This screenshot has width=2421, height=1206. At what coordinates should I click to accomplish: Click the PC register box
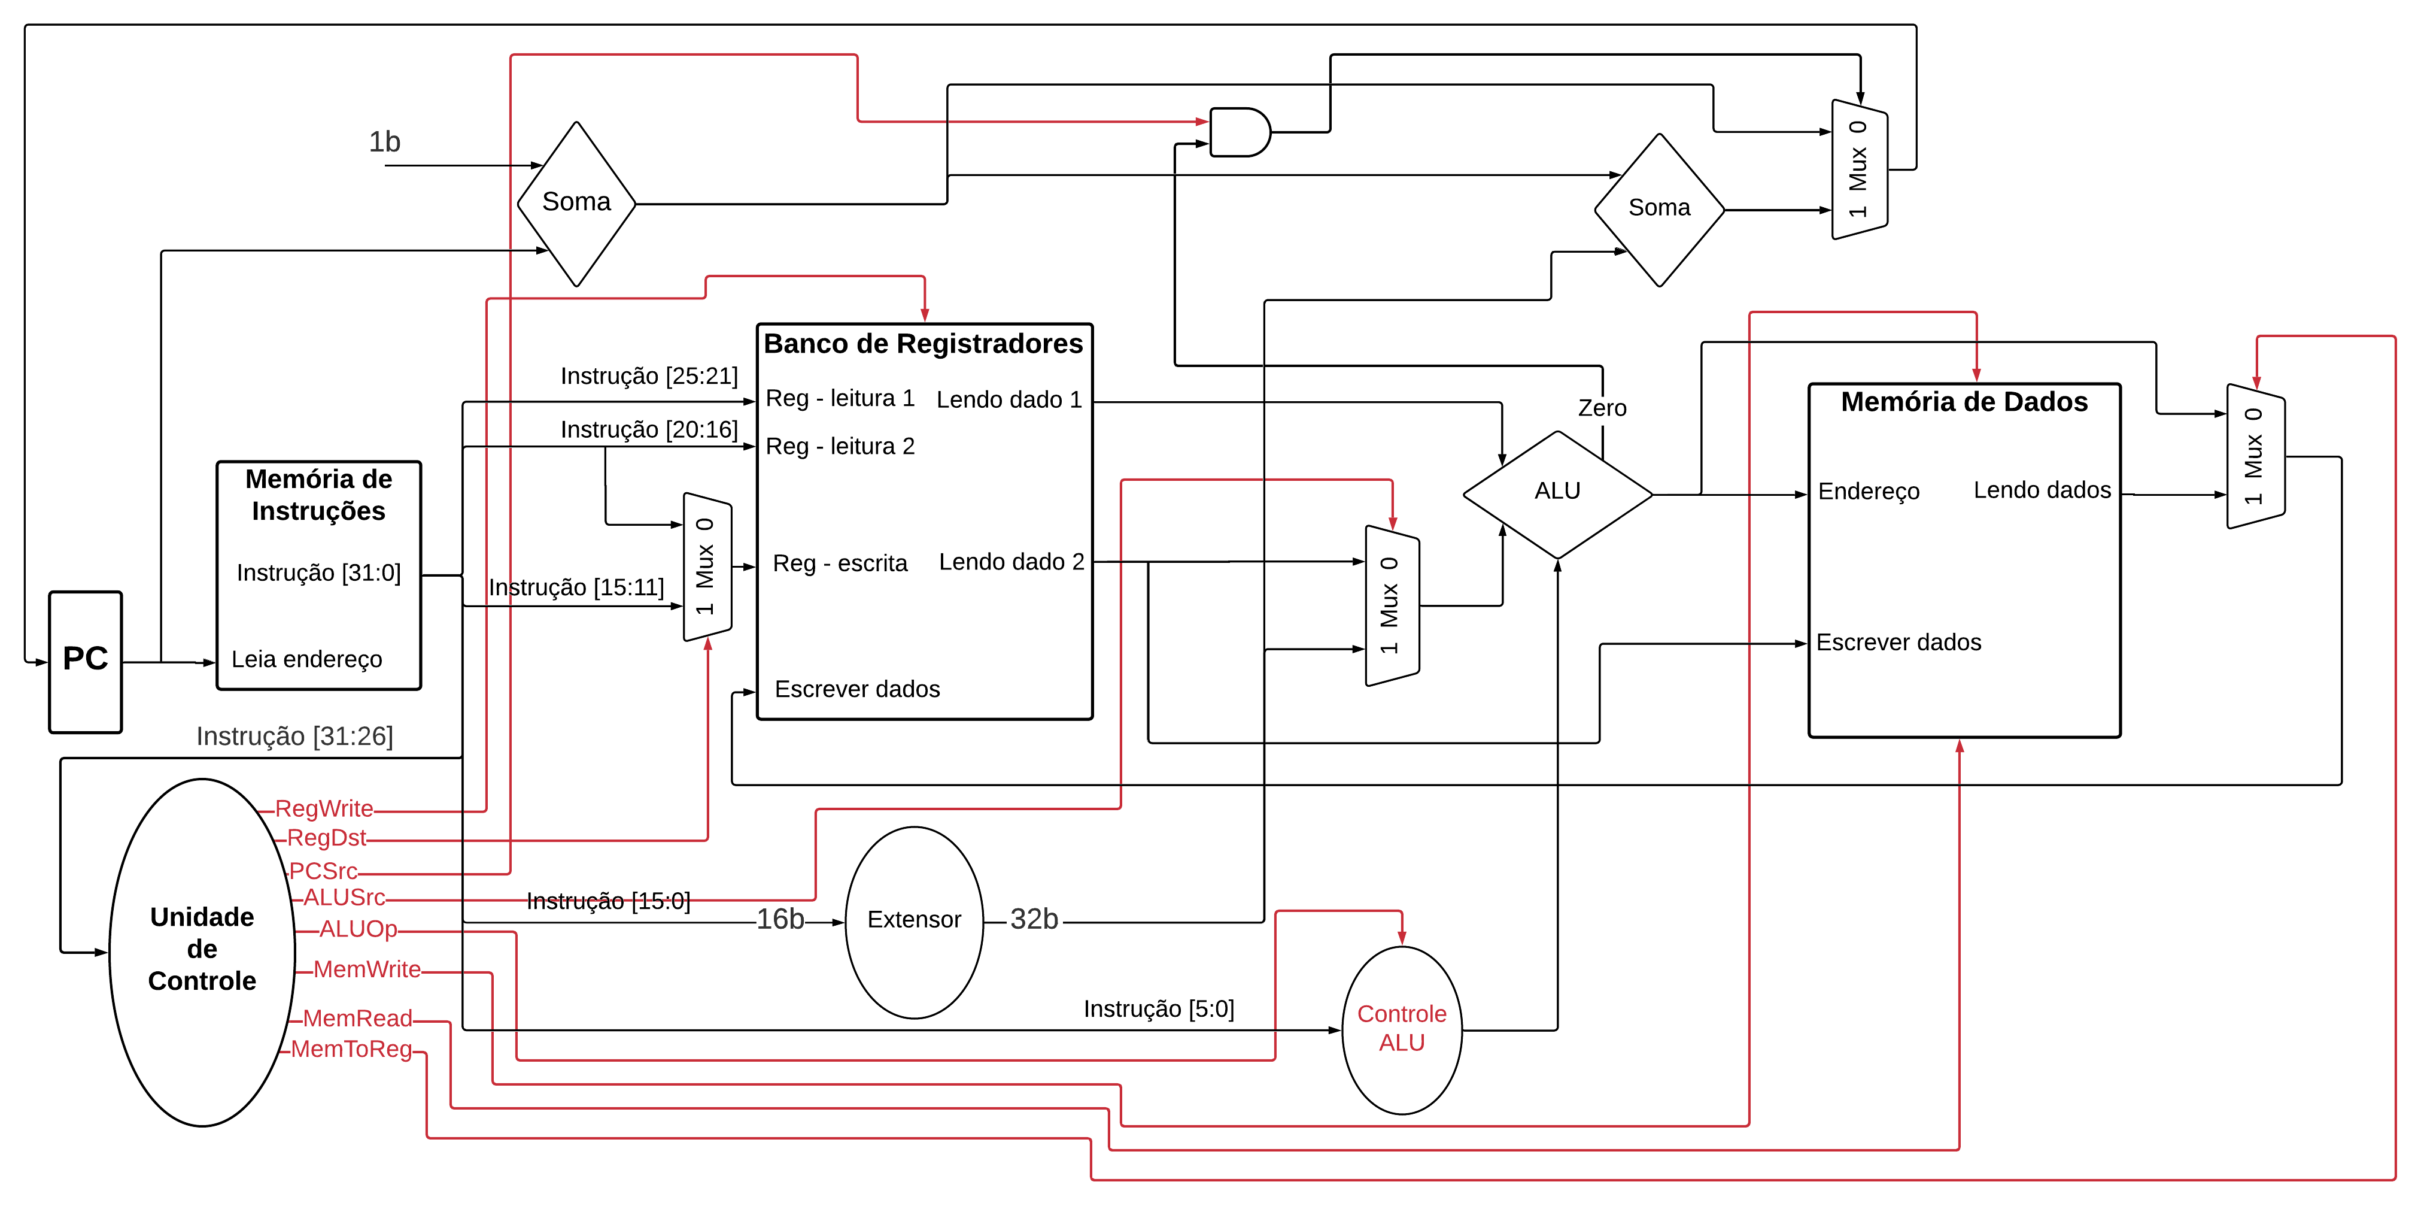tap(86, 662)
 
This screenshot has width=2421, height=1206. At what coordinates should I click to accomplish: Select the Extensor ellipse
tap(913, 921)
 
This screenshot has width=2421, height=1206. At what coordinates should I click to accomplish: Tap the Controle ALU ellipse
tap(1401, 1029)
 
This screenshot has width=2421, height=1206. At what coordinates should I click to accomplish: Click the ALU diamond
tap(1557, 493)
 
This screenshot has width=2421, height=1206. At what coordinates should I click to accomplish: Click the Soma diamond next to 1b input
tap(576, 203)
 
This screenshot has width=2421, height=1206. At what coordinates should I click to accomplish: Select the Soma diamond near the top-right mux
tap(1659, 208)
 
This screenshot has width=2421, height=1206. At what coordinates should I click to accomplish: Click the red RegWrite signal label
tap(324, 808)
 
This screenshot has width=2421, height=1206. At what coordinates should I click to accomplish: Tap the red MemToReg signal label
tap(351, 1049)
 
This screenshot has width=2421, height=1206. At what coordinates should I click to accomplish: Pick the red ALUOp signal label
tap(358, 929)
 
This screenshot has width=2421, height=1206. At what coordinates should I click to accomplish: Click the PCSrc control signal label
tap(323, 871)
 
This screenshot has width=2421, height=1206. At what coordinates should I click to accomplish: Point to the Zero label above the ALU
tap(1602, 408)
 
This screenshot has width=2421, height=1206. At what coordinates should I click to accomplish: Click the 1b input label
tap(384, 142)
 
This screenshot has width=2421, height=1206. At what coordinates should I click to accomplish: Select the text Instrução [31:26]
tap(294, 736)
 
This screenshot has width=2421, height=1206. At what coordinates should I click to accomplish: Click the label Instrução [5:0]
tap(1158, 1008)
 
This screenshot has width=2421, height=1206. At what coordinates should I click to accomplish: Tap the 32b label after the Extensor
tap(1034, 919)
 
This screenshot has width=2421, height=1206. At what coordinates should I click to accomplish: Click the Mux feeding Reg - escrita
tap(707, 567)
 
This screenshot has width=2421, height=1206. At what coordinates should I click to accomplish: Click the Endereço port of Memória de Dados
tap(1869, 492)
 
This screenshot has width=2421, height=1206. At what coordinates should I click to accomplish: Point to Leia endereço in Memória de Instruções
tap(306, 659)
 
